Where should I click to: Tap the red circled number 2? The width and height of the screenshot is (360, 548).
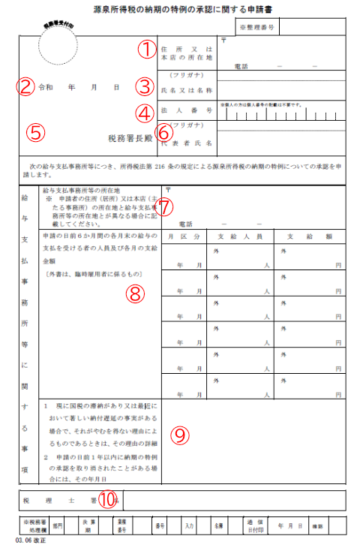(x=26, y=86)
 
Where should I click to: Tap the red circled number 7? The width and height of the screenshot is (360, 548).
(x=165, y=205)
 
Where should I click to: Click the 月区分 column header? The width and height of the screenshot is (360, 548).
(x=184, y=236)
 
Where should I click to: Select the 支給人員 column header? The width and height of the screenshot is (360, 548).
(x=242, y=236)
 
